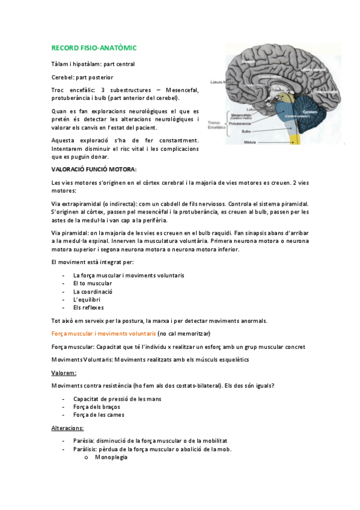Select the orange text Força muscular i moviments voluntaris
tap(103, 333)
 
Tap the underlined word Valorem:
tap(64, 372)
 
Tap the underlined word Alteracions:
tap(68, 428)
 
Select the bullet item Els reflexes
tap(88, 307)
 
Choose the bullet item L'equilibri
tap(87, 300)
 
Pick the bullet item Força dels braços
tap(96, 407)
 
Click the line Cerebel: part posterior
tap(82, 77)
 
